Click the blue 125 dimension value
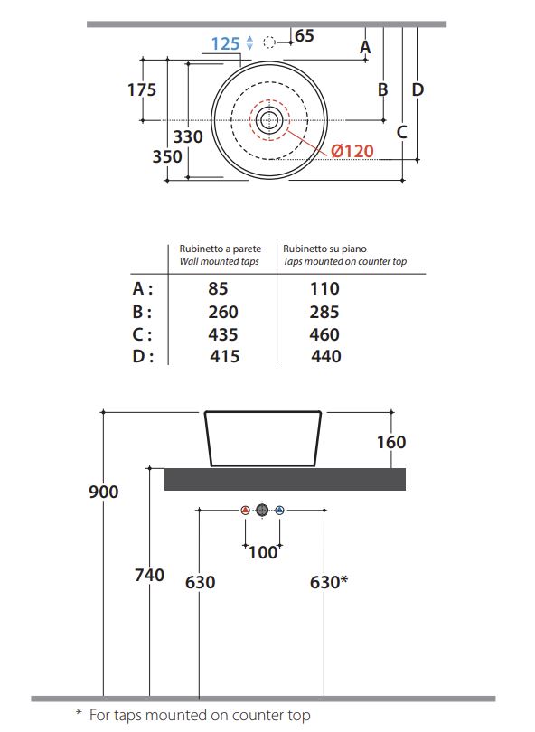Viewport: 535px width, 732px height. pos(226,44)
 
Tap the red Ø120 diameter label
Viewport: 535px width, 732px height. pos(352,151)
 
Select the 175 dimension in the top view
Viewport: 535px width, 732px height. pos(142,89)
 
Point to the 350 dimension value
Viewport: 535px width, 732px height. pos(167,156)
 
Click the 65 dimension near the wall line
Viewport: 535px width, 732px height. pos(305,35)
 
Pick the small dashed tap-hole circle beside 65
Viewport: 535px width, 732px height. pos(269,42)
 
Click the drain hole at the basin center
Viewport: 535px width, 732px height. pos(269,120)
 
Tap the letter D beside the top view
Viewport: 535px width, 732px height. pos(418,89)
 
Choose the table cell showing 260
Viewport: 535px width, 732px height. pos(223,312)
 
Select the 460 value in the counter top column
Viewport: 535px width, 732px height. pos(324,334)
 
